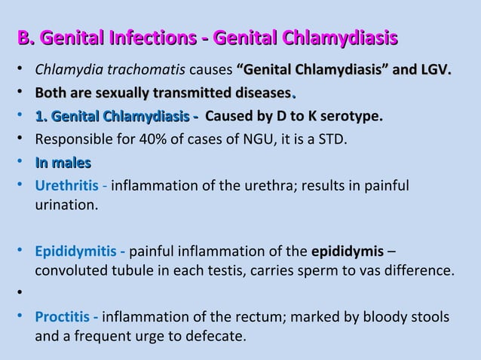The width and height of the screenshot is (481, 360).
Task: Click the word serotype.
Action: [356, 117]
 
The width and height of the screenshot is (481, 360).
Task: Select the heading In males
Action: [63, 162]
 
